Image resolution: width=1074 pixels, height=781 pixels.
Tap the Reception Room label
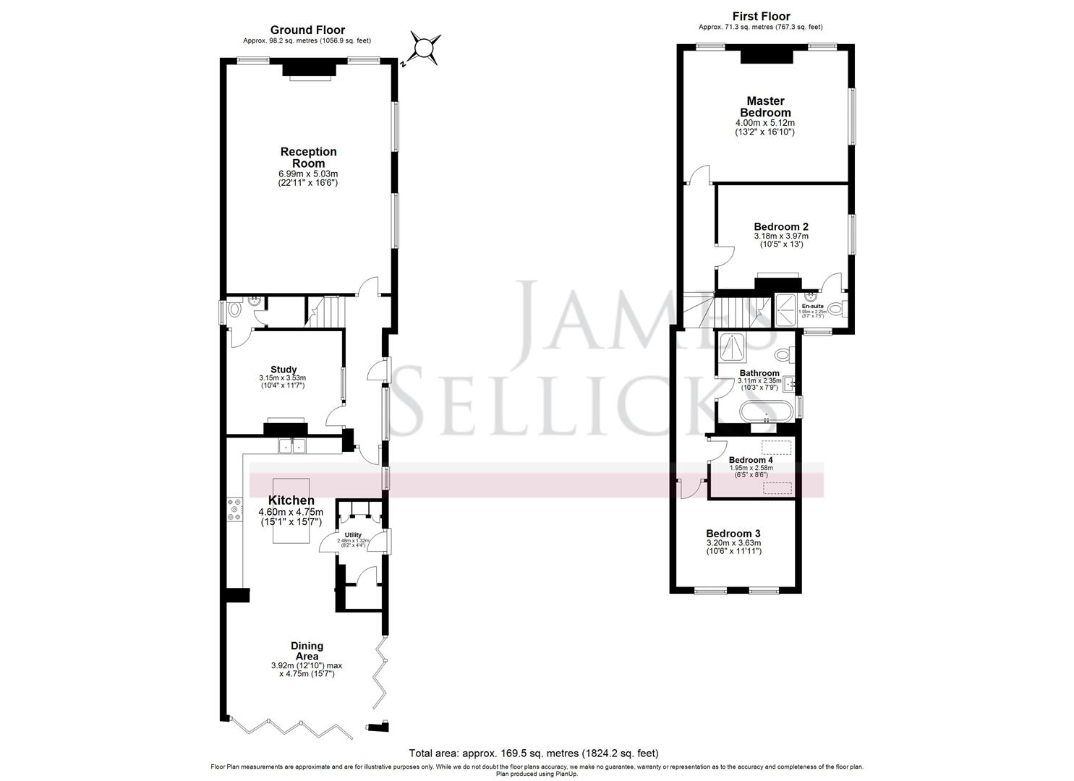click(309, 158)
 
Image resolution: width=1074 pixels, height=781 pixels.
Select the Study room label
click(284, 370)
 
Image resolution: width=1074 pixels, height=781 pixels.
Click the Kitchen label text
click(291, 500)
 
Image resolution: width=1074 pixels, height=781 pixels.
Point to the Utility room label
click(353, 535)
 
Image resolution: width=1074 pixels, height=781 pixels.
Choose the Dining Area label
click(307, 651)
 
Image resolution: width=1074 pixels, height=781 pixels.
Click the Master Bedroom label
click(765, 107)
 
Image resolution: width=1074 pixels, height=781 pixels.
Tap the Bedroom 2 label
click(781, 226)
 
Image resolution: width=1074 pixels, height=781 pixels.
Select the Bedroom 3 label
click(733, 534)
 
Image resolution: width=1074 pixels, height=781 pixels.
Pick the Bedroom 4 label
click(751, 460)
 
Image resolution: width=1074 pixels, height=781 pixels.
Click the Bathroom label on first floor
click(759, 373)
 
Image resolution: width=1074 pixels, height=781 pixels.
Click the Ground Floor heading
click(307, 30)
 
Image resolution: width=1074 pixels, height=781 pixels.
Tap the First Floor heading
click(761, 16)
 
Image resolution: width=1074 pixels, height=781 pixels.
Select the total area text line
click(534, 753)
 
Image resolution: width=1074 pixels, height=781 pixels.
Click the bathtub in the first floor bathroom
click(765, 411)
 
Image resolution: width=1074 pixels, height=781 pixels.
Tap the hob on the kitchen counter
click(235, 510)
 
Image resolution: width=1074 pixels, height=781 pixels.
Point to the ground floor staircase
click(326, 313)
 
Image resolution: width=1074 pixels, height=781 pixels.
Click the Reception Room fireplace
click(309, 69)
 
